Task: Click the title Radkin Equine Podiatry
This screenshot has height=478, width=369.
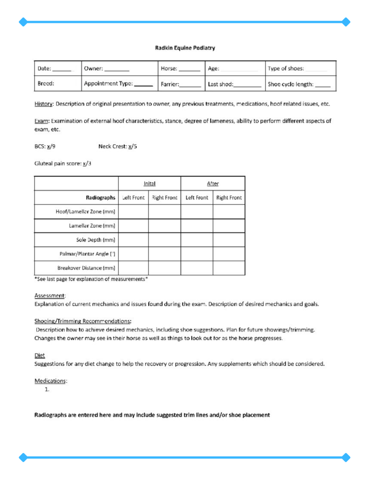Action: point(184,48)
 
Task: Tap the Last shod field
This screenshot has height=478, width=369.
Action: point(234,85)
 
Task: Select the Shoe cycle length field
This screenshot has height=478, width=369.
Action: point(299,85)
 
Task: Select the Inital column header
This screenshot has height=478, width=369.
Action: point(149,184)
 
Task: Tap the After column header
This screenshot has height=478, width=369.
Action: point(213,184)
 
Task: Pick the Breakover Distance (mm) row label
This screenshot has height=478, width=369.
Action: point(86,268)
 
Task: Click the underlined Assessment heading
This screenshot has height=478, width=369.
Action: point(50,295)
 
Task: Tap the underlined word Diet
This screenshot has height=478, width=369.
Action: point(40,355)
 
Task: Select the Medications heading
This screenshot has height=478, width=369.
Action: point(51,381)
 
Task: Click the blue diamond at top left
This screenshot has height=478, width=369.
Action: point(23,21)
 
